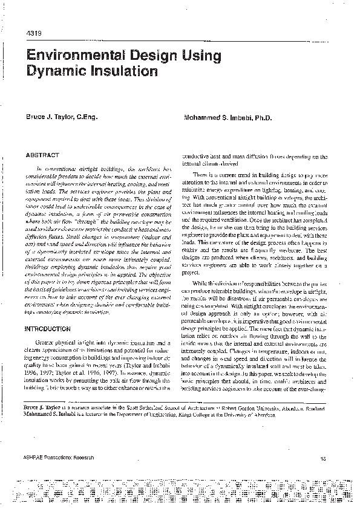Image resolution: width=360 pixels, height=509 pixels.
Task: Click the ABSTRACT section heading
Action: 41,155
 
